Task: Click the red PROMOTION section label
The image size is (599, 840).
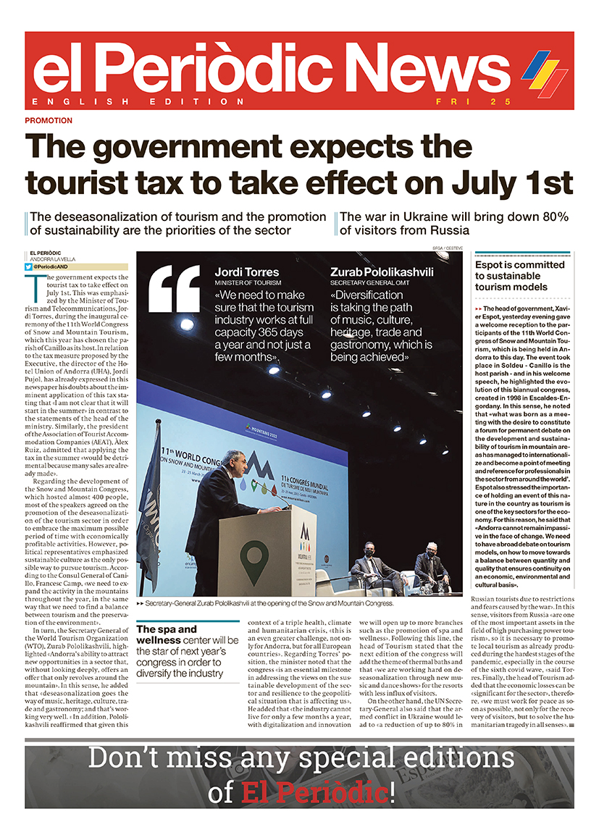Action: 49,120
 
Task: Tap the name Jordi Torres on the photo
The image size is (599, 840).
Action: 246,272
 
